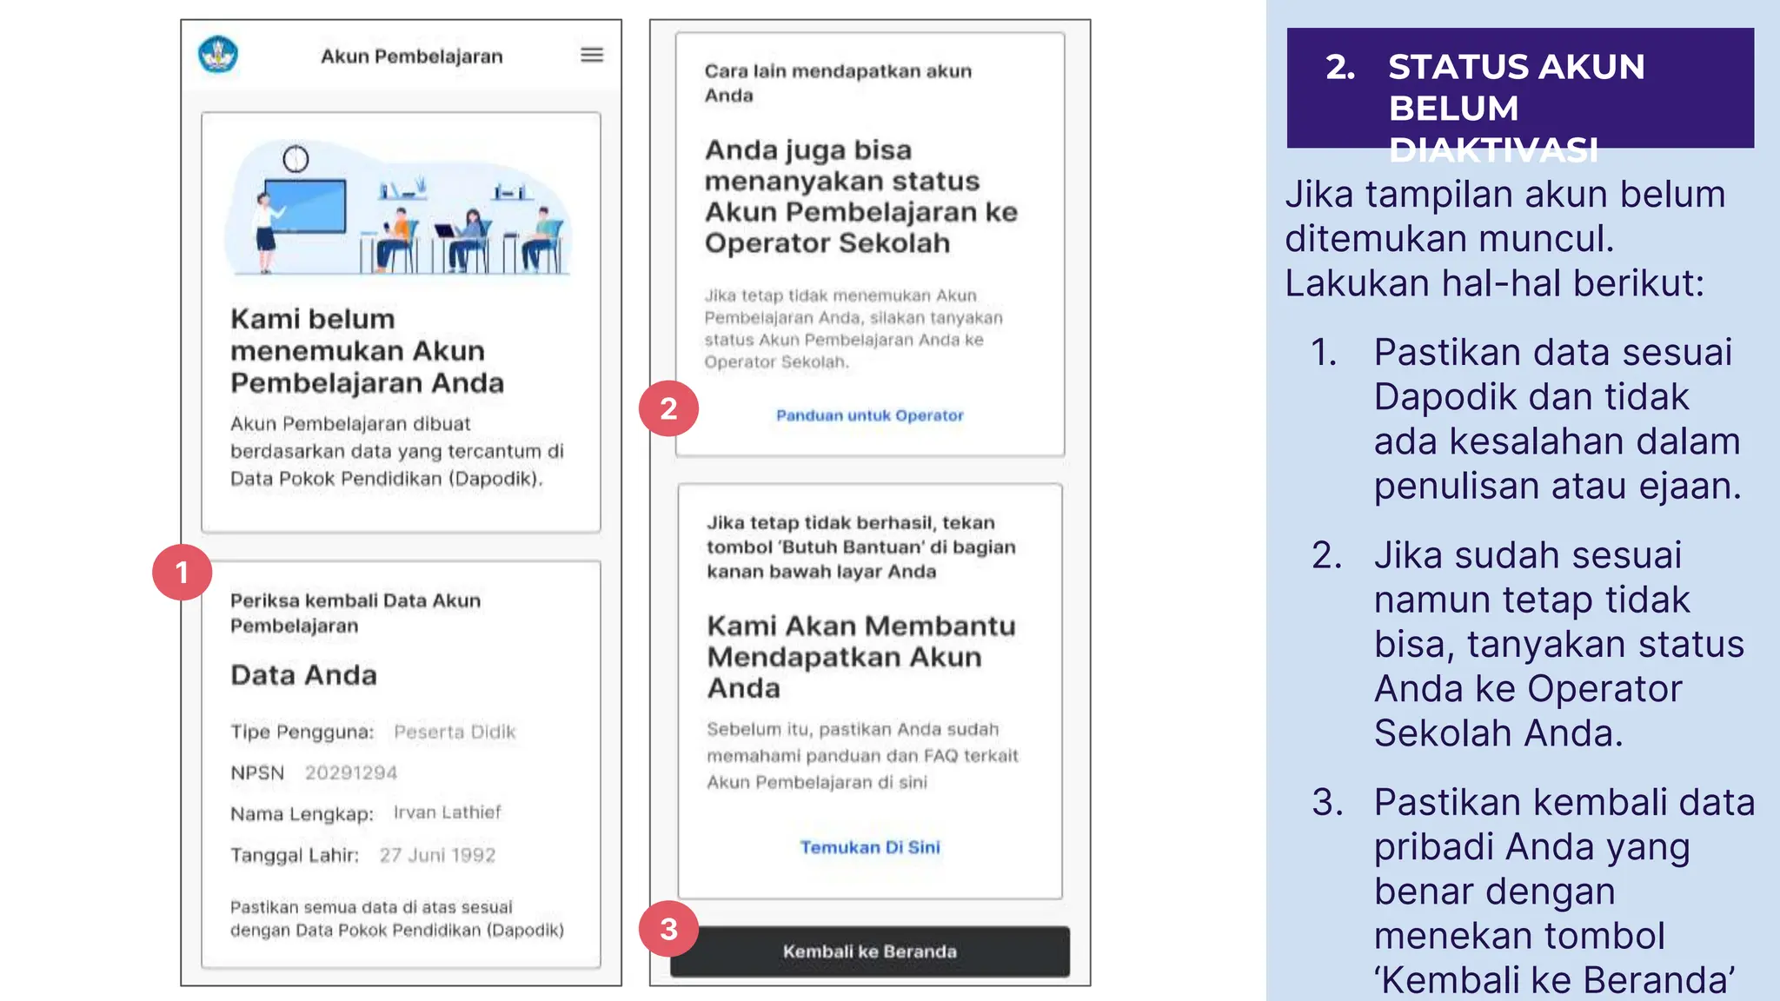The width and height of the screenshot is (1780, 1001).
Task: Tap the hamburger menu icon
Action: (592, 55)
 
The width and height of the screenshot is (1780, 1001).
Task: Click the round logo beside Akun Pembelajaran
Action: (217, 55)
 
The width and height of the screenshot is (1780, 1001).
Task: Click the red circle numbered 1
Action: (182, 573)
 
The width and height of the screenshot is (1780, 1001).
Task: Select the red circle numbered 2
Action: (668, 408)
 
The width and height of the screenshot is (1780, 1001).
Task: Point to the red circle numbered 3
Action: (668, 929)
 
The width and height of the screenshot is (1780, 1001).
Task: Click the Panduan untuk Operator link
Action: (869, 415)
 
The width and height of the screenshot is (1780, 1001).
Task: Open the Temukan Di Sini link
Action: (870, 847)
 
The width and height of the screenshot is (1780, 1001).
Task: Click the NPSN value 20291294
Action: (351, 772)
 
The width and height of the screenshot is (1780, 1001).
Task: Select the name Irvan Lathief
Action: (448, 812)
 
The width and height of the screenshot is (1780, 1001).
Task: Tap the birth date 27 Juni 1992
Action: (437, 855)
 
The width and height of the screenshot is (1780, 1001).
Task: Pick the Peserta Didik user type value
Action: (455, 732)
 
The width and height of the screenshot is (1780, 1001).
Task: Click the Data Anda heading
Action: (303, 675)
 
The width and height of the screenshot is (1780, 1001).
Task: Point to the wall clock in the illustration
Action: (296, 159)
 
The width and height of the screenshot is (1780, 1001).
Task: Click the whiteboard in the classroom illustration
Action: (305, 206)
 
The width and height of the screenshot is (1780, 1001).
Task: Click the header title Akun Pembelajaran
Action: (412, 56)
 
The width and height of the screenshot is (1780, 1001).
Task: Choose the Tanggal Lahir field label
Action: (295, 855)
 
